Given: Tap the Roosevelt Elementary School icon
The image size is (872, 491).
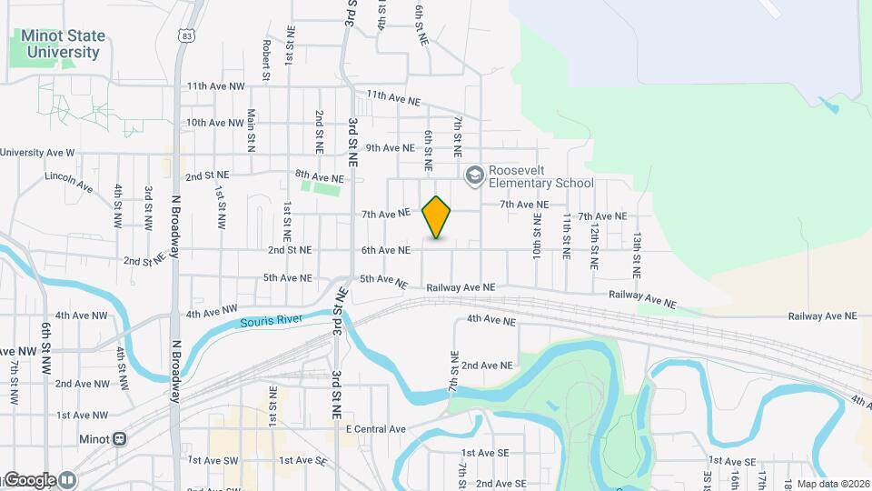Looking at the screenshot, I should (x=473, y=175).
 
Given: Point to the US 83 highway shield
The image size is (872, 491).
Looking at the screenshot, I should (x=186, y=35).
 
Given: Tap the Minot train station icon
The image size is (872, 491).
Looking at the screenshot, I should (x=119, y=438).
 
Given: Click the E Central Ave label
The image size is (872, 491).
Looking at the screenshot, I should (x=375, y=429).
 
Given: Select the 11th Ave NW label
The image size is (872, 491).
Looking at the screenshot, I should (x=216, y=86).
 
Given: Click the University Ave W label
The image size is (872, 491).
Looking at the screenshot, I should (x=37, y=153).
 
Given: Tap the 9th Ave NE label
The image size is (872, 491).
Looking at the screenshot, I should (x=390, y=147).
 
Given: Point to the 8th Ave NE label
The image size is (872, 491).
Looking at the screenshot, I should (x=319, y=175).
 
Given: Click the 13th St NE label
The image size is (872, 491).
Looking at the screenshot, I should (x=638, y=255).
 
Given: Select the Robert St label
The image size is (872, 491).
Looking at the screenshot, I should (x=266, y=59).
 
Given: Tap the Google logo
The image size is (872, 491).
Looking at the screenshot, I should (x=30, y=480).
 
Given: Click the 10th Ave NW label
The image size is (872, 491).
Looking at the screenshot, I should (x=215, y=122).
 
